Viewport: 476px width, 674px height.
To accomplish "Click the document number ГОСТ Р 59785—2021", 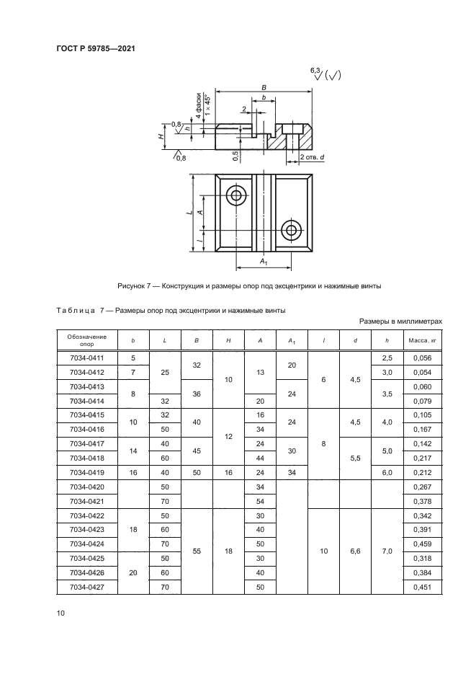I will (x=96, y=49).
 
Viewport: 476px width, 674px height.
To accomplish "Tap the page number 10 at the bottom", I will (x=60, y=613).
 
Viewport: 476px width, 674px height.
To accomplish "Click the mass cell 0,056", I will (x=419, y=358).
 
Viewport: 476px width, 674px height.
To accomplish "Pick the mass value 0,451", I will (x=419, y=589).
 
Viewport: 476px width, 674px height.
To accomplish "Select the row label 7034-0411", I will (x=86, y=358).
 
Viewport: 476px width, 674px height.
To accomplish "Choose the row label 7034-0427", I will (x=86, y=589).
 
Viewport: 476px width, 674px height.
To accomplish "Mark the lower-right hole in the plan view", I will (x=292, y=231).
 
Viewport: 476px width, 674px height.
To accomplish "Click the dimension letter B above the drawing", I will (x=264, y=87).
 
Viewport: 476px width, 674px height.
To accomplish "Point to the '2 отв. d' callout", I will (x=312, y=156).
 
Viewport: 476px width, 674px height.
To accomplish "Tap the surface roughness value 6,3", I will (x=315, y=69).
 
